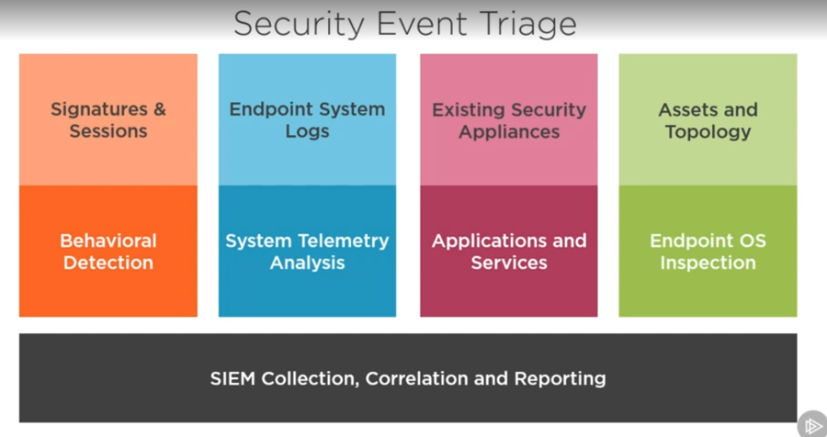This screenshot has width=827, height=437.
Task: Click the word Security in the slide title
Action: coord(299,24)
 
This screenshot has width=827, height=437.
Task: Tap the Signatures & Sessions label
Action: coord(108,120)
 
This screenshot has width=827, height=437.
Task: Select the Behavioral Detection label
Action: coord(108,252)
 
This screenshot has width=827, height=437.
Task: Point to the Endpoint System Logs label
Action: coord(307,120)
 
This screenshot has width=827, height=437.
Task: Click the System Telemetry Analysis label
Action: coord(307,252)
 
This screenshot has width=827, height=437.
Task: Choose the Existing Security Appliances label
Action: coord(509,120)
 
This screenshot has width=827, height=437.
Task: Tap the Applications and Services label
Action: coord(509,252)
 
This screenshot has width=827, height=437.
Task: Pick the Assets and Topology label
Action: coord(708,120)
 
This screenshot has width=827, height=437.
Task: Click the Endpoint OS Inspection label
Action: coord(708,252)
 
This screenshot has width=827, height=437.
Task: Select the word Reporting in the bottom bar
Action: coord(561,379)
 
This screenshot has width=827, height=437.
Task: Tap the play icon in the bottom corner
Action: coord(811,424)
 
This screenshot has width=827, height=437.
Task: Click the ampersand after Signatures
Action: coord(159,109)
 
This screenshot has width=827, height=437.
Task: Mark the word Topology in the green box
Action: coord(708,132)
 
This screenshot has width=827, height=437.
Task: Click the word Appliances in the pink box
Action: coord(509,132)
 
